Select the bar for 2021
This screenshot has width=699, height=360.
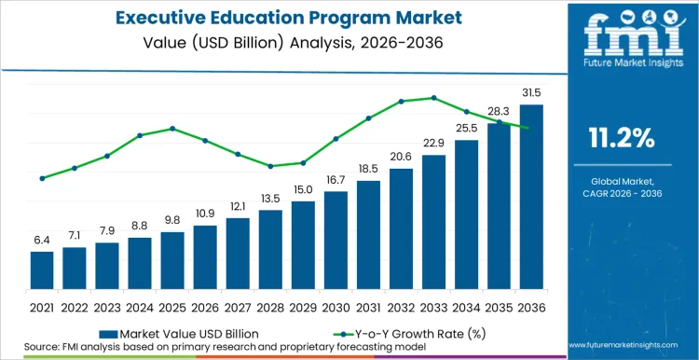click(42, 270)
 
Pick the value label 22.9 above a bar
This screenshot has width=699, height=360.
click(433, 143)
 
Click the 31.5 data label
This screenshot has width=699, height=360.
click(531, 92)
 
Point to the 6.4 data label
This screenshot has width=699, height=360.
click(42, 240)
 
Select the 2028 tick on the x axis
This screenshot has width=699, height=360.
click(270, 306)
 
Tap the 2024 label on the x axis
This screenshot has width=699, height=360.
click(140, 306)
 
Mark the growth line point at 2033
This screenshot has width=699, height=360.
click(433, 97)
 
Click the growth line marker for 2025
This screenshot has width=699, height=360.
click(172, 128)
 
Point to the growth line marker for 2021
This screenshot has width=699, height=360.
click(42, 178)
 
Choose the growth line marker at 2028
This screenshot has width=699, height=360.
click(270, 166)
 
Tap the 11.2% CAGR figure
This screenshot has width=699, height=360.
click(622, 139)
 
